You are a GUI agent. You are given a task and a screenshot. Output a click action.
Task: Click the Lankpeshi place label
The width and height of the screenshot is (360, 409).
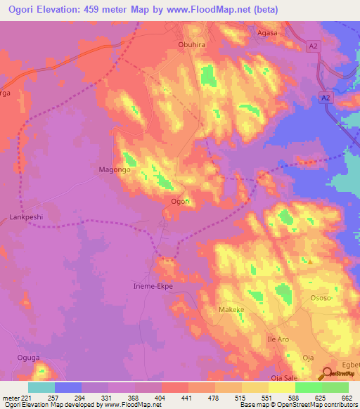tap(27, 218)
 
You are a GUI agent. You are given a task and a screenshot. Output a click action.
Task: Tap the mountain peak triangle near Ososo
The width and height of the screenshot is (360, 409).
tap(309, 261)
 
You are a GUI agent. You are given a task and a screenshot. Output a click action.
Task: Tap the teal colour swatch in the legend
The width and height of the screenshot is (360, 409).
tap(41, 387)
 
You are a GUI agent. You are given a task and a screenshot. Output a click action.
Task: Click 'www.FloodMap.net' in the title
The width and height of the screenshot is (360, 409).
tap(217, 10)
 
